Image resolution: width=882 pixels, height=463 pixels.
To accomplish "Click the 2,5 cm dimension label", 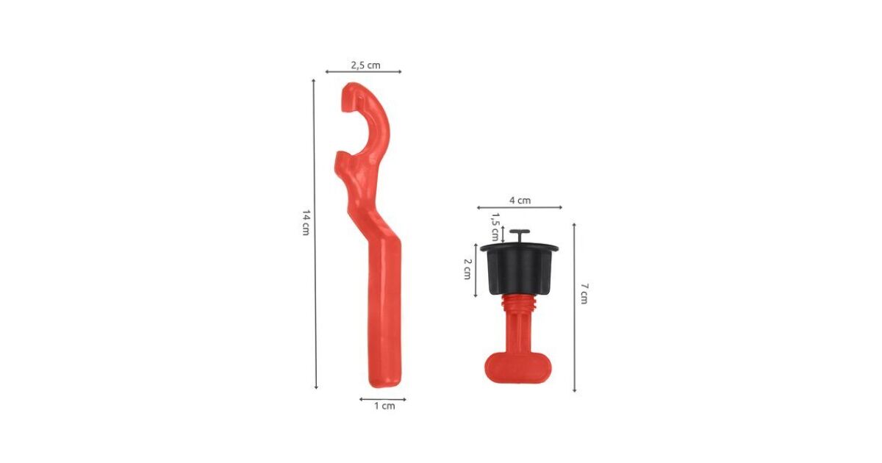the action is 365,65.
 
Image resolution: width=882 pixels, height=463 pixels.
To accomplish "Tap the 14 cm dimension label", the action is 306,223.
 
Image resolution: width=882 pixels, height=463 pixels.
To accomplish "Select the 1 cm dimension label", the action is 384,406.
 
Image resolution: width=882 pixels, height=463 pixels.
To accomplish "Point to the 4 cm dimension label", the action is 520,201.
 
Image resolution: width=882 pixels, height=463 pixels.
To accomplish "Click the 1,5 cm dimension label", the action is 495,227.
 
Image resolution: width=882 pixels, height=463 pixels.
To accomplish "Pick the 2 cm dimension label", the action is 467,269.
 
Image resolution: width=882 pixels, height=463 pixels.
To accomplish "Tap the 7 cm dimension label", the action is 584,293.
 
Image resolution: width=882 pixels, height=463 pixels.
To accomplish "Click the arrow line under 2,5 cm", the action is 363,72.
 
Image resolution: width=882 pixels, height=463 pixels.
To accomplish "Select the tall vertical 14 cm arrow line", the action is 315,234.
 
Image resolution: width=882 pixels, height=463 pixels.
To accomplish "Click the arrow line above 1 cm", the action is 382,399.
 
